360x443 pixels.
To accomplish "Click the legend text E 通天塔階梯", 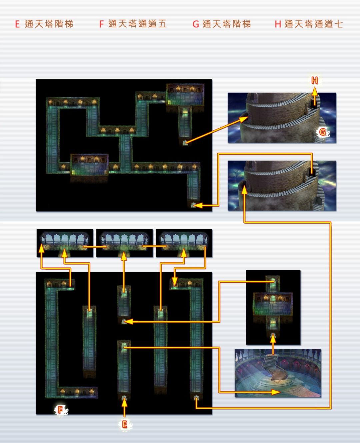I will click(x=44, y=24).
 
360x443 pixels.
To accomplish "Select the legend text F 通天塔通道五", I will click(x=133, y=24).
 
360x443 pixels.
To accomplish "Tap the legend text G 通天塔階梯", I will click(x=222, y=24).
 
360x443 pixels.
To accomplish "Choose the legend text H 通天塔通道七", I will click(x=309, y=24).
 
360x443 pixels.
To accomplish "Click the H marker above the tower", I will click(x=315, y=80).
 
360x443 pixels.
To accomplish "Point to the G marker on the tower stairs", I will click(x=322, y=132).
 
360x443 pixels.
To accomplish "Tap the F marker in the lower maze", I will click(x=60, y=410).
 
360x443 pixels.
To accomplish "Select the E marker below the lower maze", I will click(x=125, y=424).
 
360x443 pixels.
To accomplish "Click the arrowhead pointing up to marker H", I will click(x=315, y=90).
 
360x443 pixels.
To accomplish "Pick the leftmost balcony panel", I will click(x=65, y=243).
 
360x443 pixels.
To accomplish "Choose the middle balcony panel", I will click(x=124, y=243).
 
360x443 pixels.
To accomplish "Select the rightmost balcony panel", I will click(x=184, y=243).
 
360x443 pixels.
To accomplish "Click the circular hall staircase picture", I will click(x=278, y=373).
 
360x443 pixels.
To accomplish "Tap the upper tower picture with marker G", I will click(x=282, y=118).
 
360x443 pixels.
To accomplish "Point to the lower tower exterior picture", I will click(x=282, y=186).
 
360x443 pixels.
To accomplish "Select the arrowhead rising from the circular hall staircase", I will click(x=273, y=338).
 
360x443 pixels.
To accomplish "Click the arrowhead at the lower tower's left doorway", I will click(x=244, y=189).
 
